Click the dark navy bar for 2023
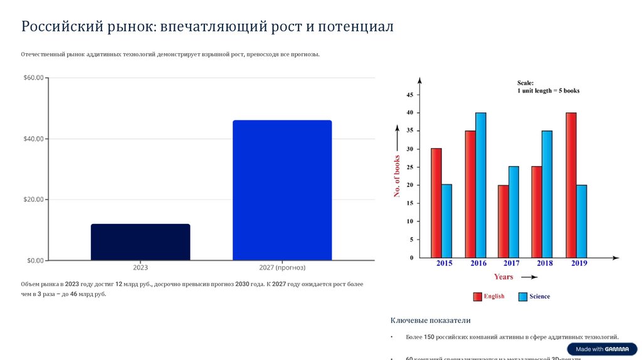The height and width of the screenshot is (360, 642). coord(140,242)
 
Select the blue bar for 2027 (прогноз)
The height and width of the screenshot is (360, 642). coord(282,190)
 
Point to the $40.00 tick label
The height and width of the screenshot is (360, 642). coord(33,139)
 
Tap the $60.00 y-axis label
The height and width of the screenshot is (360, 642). coord(33,78)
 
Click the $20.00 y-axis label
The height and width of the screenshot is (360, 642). coord(33,199)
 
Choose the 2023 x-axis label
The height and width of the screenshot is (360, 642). coord(140,268)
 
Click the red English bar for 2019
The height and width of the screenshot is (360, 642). coord(571,185)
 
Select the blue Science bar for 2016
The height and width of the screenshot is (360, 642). coord(481,185)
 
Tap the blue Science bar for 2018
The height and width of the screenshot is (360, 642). coord(547,194)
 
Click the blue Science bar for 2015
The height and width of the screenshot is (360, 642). coord(446,221)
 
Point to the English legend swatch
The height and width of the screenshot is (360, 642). coord(477,297)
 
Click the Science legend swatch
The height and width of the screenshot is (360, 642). coord(523,297)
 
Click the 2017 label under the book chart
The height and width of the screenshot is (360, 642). coord(511,263)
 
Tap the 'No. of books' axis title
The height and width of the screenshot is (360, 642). coord(397,176)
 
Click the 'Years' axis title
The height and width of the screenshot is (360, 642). coord(503,277)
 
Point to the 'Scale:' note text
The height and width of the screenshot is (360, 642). coord(525,83)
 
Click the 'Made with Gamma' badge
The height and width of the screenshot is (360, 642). coord(603,349)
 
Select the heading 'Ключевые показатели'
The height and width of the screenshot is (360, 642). coord(430,320)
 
